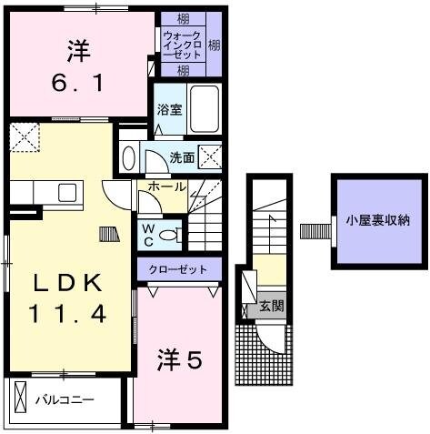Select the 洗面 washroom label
tap(182, 157)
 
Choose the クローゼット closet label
tap(180, 269)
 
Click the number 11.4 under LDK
tap(70, 315)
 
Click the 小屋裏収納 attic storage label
tap(376, 219)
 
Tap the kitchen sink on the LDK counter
tap(66, 192)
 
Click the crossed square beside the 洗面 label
tap(212, 156)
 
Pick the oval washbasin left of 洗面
tap(128, 157)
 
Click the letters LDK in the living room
tap(70, 283)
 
